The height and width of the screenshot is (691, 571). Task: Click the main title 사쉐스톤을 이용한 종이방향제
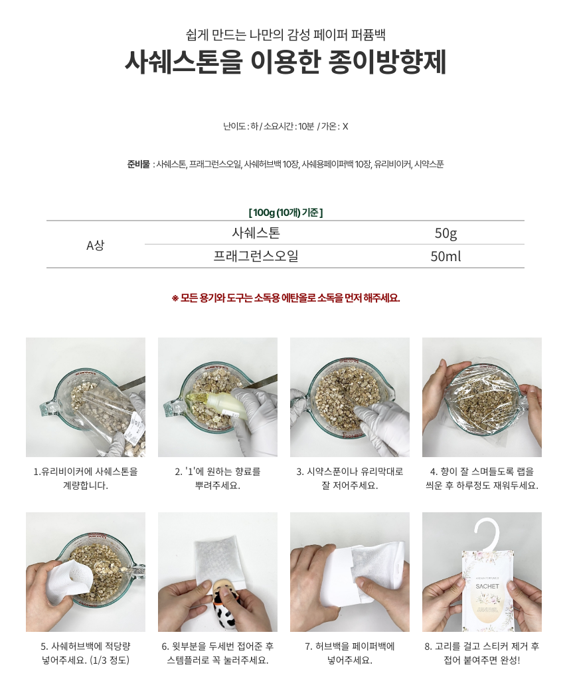coord(285,62)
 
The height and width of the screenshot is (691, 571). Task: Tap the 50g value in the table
coord(446,233)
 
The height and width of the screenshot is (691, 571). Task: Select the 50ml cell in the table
coord(446,256)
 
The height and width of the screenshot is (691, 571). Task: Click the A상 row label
coord(95,245)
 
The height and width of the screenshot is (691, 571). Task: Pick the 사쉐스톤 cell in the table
coord(256,233)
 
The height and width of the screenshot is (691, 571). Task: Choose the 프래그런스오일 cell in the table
coord(256,256)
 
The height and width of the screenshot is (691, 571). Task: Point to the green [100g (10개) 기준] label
coord(285,213)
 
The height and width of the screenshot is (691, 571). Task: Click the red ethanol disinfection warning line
coord(285,298)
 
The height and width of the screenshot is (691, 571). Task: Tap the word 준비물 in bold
coord(138,164)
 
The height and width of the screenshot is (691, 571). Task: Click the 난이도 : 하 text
coord(241,126)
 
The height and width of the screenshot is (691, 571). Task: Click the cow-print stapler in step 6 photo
coord(229,606)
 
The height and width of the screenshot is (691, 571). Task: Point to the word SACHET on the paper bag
coord(487,586)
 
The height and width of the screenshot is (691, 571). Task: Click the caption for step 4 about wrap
coord(481,478)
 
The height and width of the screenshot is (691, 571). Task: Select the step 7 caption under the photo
coord(349,653)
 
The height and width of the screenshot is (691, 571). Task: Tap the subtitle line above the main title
coord(285,35)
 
